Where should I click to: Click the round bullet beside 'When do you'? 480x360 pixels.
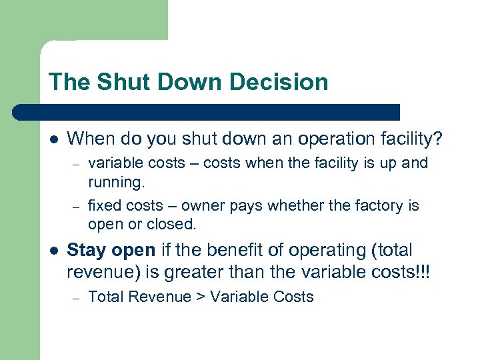pyautogui.click(x=53, y=139)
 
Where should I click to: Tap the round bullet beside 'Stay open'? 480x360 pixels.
pyautogui.click(x=53, y=251)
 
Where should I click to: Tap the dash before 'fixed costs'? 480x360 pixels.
pyautogui.click(x=77, y=206)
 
